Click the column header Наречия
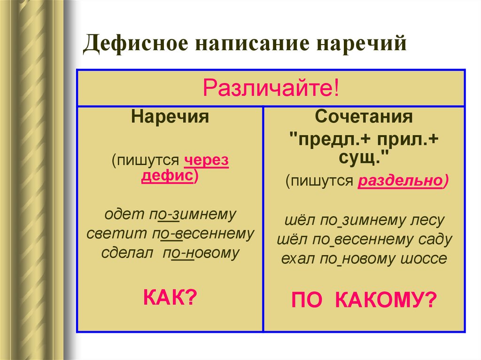point(170,116)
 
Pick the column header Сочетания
point(364,116)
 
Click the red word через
point(206,161)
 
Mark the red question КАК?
point(170,297)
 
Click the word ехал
point(296,259)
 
